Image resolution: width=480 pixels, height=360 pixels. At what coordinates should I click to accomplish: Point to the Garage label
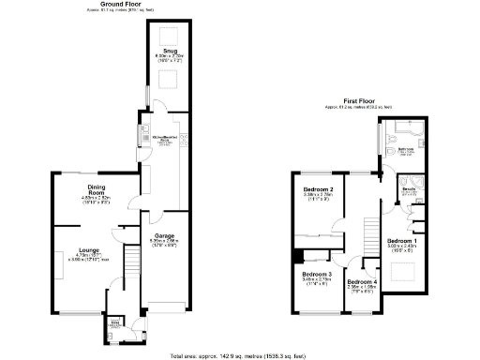click(x=165, y=236)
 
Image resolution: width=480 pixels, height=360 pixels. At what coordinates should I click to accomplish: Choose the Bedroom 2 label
click(x=319, y=190)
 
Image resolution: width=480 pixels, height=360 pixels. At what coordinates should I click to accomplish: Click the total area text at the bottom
click(x=239, y=355)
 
